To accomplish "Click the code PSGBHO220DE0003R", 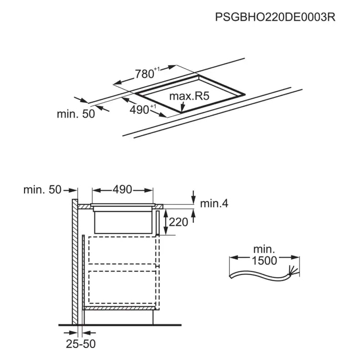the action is click(x=275, y=17).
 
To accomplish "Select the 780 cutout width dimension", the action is click(x=147, y=73).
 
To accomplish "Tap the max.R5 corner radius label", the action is click(x=189, y=96).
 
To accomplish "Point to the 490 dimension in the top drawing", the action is click(x=143, y=109).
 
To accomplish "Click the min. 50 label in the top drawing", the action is click(x=76, y=114).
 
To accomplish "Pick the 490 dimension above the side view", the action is click(x=122, y=190).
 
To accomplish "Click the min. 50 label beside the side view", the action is click(x=42, y=190).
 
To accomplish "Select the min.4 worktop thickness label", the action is click(x=214, y=204).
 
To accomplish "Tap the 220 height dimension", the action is click(x=179, y=222).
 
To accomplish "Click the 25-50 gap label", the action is click(x=81, y=344).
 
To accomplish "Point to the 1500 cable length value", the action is click(x=264, y=261).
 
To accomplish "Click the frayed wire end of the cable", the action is click(x=293, y=270).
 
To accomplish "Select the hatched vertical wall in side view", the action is click(x=75, y=262).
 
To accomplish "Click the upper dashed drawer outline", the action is click(x=122, y=250).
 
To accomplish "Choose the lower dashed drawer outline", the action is click(x=122, y=287).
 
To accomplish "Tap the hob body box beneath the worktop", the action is click(x=123, y=222).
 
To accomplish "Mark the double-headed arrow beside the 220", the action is click(x=165, y=222).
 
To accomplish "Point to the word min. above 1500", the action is click(x=264, y=249).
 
